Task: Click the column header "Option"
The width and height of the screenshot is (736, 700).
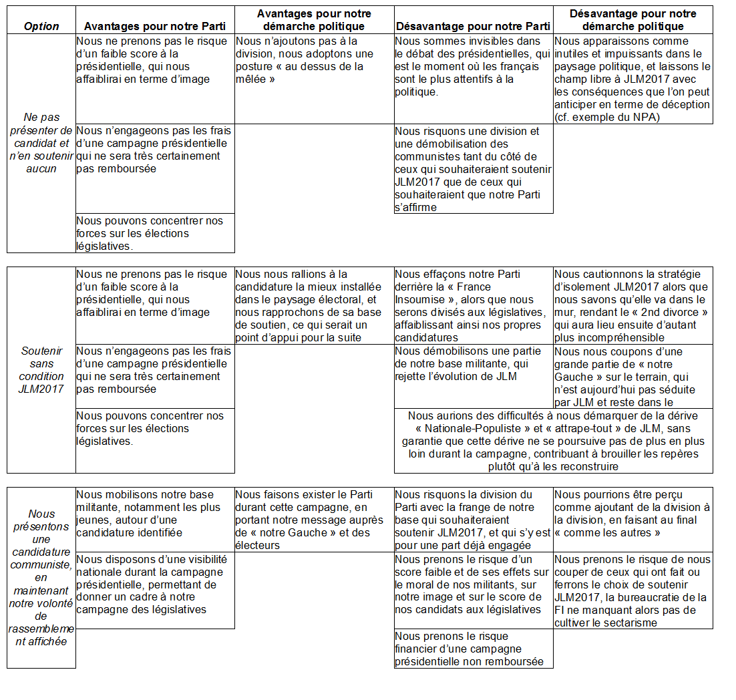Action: tap(41, 27)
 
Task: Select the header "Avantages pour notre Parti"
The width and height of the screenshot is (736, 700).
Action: tap(154, 27)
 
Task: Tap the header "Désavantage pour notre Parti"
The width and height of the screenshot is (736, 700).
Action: tap(474, 27)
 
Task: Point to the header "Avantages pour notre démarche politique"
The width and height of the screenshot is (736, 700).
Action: tap(314, 20)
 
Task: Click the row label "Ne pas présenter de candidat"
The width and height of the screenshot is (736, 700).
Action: tap(41, 143)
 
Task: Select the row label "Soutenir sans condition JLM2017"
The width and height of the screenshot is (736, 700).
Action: tap(41, 369)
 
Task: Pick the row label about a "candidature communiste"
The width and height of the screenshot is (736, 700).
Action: tap(41, 577)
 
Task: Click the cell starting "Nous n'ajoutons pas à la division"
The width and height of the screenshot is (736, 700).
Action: tap(314, 60)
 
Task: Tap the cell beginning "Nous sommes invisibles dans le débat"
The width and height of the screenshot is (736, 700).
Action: tap(474, 67)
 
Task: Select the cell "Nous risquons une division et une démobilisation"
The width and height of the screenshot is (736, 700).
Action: tap(474, 169)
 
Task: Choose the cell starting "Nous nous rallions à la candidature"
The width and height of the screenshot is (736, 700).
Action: tap(314, 306)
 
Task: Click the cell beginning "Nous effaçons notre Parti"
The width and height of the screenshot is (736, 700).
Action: tap(474, 306)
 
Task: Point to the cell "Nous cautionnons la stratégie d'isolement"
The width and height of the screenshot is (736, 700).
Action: tap(633, 306)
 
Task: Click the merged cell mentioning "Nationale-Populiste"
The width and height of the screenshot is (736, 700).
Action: tap(553, 441)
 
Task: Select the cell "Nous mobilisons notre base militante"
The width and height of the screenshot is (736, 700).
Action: tap(154, 514)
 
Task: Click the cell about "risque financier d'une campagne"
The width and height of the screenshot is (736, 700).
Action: tap(474, 649)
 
